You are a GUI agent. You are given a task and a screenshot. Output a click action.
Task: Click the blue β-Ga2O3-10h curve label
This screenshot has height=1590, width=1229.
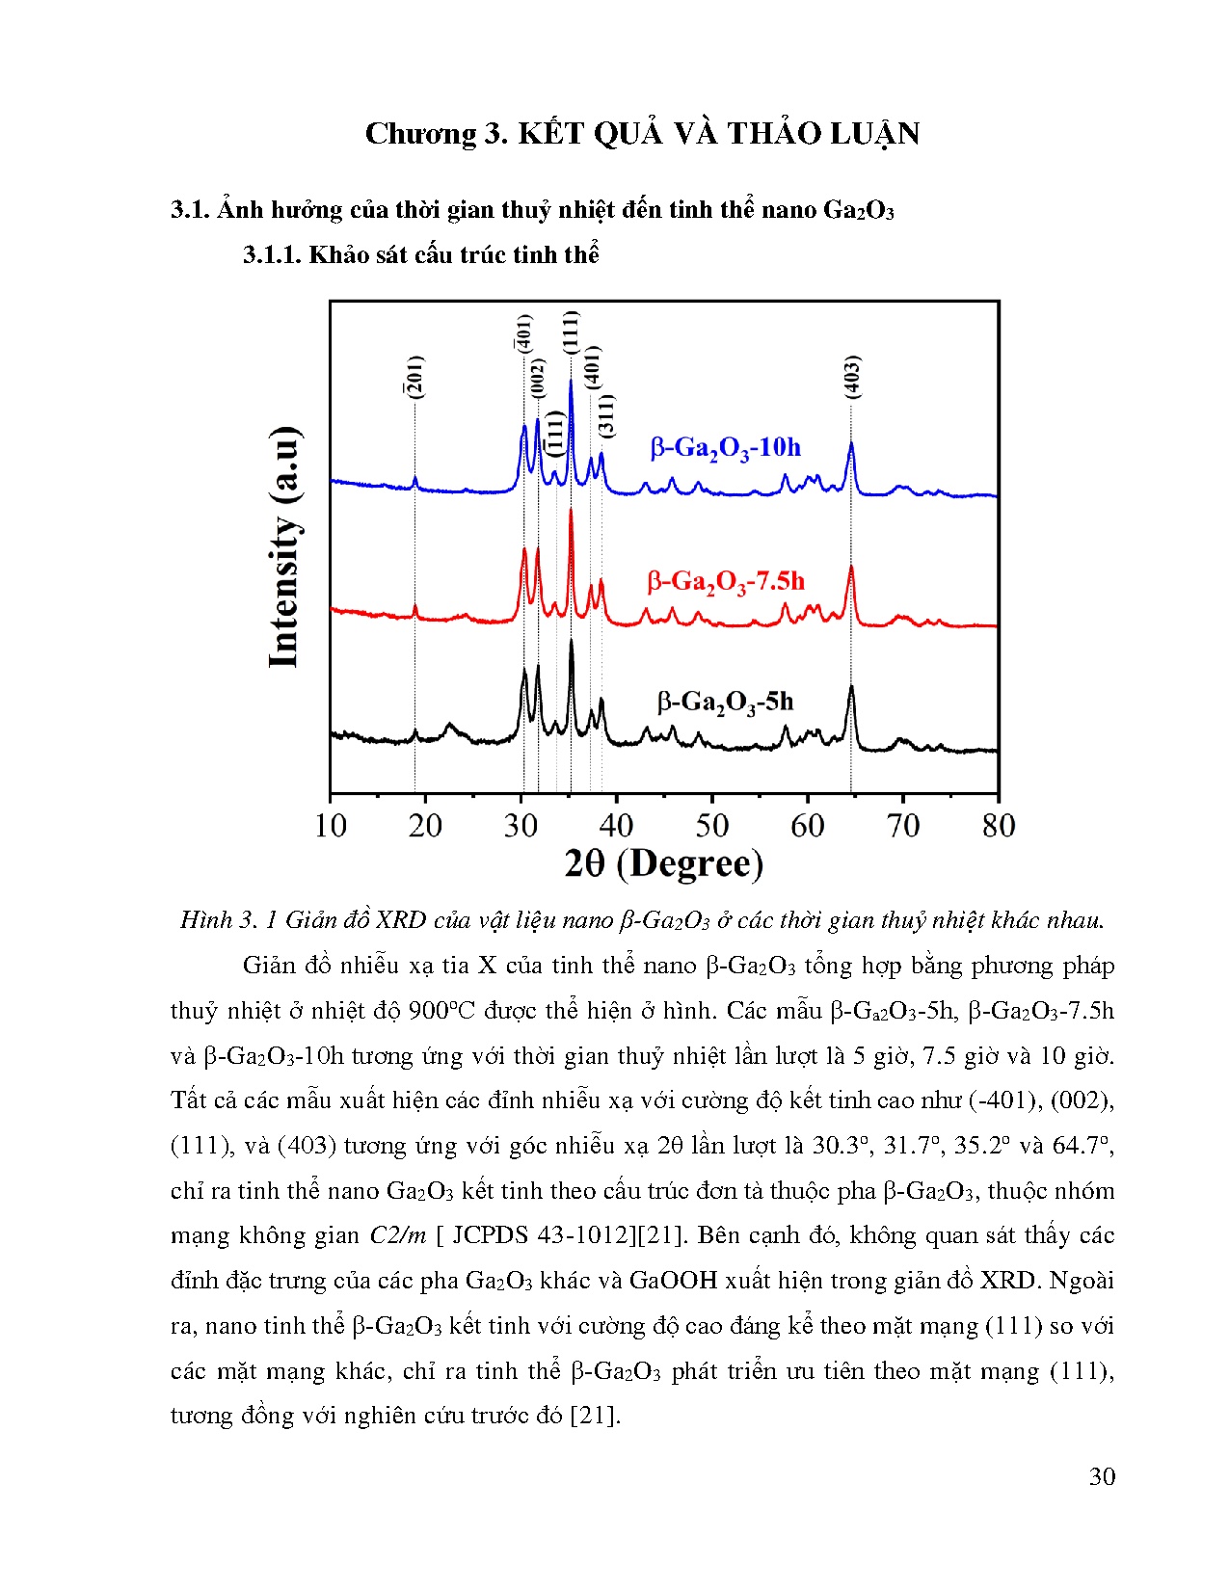(725, 448)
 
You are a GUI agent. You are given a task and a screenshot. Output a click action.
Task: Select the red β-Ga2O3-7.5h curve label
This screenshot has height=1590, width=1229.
(725, 582)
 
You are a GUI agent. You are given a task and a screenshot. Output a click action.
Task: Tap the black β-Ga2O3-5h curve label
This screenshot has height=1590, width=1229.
(725, 702)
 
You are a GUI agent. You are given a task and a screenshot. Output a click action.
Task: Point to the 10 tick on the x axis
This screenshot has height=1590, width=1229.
(331, 826)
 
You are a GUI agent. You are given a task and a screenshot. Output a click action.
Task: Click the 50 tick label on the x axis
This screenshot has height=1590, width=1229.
(712, 826)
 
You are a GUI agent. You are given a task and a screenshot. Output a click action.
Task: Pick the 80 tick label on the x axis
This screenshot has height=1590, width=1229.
(999, 826)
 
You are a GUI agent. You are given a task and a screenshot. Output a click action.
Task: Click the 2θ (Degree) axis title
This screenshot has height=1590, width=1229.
(663, 864)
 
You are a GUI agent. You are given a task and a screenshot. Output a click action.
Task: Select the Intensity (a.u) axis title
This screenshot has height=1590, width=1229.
(283, 546)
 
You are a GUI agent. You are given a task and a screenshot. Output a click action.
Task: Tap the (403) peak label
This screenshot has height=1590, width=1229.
(851, 377)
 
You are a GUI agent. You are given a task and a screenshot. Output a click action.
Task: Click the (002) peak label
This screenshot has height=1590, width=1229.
(538, 378)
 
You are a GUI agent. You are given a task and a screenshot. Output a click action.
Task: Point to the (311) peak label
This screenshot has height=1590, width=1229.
(606, 415)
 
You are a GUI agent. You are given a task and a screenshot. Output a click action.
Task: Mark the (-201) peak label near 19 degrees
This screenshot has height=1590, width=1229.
(414, 377)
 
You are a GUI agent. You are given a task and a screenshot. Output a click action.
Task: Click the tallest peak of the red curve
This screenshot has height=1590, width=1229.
(571, 510)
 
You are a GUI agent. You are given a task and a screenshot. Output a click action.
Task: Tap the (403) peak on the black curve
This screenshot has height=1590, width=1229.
(851, 688)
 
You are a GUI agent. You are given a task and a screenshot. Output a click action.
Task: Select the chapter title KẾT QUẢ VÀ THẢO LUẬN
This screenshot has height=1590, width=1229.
(718, 134)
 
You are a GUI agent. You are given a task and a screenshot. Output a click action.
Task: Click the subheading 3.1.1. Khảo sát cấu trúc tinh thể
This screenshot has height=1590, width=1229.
(420, 254)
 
